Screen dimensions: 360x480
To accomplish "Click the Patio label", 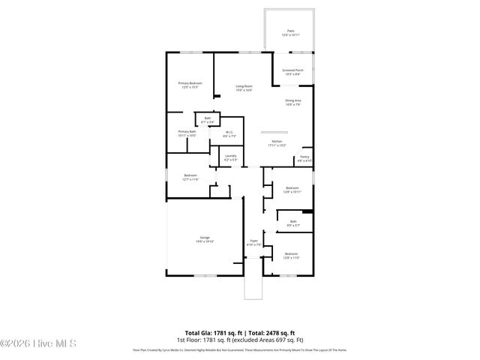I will coord(289,33).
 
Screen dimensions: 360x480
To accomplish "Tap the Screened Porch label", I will coord(292,71).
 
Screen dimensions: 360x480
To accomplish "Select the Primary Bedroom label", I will coord(190,85).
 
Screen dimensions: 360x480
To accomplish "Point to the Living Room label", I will coord(244,88).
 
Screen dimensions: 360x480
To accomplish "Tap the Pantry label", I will coord(304,159).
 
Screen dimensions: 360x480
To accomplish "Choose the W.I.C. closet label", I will coord(229,134).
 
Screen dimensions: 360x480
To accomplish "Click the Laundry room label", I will coord(230,157).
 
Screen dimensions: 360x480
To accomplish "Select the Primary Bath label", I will coord(187,133).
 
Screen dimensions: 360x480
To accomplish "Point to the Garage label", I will coord(205,239).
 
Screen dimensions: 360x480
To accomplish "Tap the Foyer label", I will coord(253,243).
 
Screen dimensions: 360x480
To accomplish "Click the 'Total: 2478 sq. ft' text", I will coord(271,333).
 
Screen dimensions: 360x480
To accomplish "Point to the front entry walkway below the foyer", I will coord(253,288).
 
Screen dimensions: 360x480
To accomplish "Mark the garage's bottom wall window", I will coord(203,276).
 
